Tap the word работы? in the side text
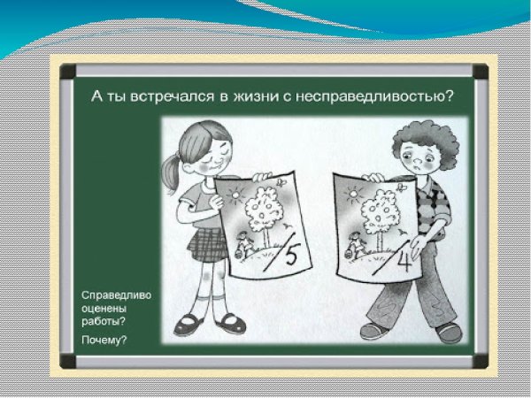coord(102,321)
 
